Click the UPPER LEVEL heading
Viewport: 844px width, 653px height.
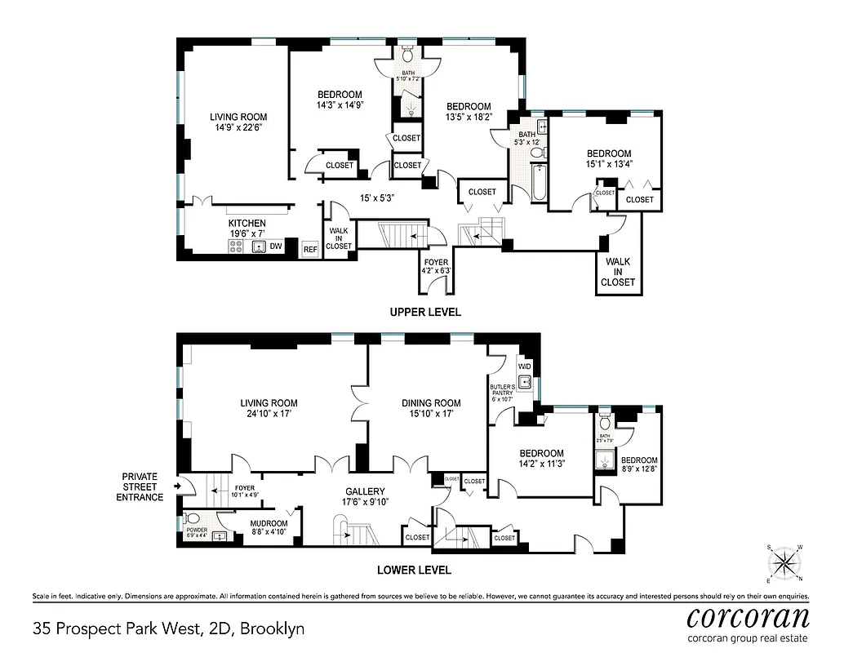coord(424,312)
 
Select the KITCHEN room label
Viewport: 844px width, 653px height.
coord(247,223)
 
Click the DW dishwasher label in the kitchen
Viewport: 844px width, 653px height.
coord(276,246)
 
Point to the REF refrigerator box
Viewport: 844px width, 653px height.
coord(310,249)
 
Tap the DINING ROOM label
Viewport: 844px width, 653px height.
coord(430,402)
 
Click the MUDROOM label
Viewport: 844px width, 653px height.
coord(269,523)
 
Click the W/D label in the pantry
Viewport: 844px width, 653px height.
coord(524,366)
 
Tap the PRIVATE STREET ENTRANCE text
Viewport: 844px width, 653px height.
coord(140,486)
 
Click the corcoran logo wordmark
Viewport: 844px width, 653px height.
coord(747,615)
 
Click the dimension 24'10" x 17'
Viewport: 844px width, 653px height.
coord(269,414)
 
